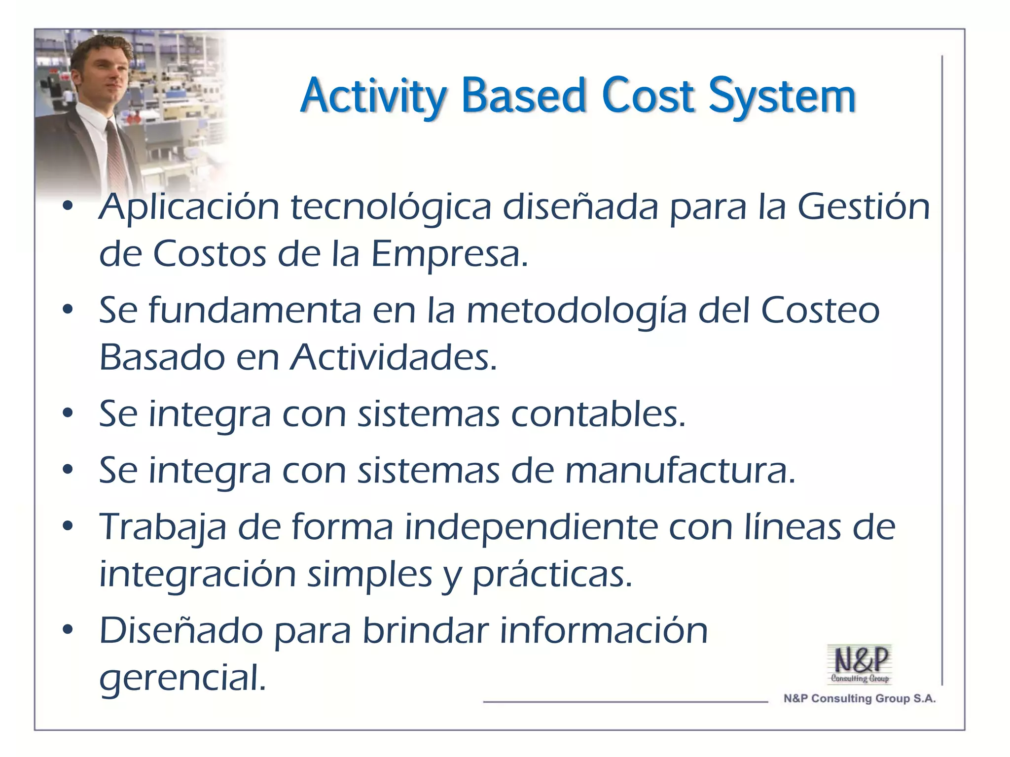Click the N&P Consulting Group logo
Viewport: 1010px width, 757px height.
point(860,664)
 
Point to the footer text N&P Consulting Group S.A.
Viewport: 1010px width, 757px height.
point(859,698)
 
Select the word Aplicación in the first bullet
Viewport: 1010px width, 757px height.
point(189,207)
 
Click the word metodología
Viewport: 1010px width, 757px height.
point(577,311)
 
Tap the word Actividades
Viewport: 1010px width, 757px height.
point(394,357)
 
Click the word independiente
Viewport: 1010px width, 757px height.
point(531,527)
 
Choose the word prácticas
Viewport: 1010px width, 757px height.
point(552,575)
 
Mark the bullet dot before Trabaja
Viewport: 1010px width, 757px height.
point(68,526)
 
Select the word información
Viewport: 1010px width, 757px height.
point(604,630)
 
